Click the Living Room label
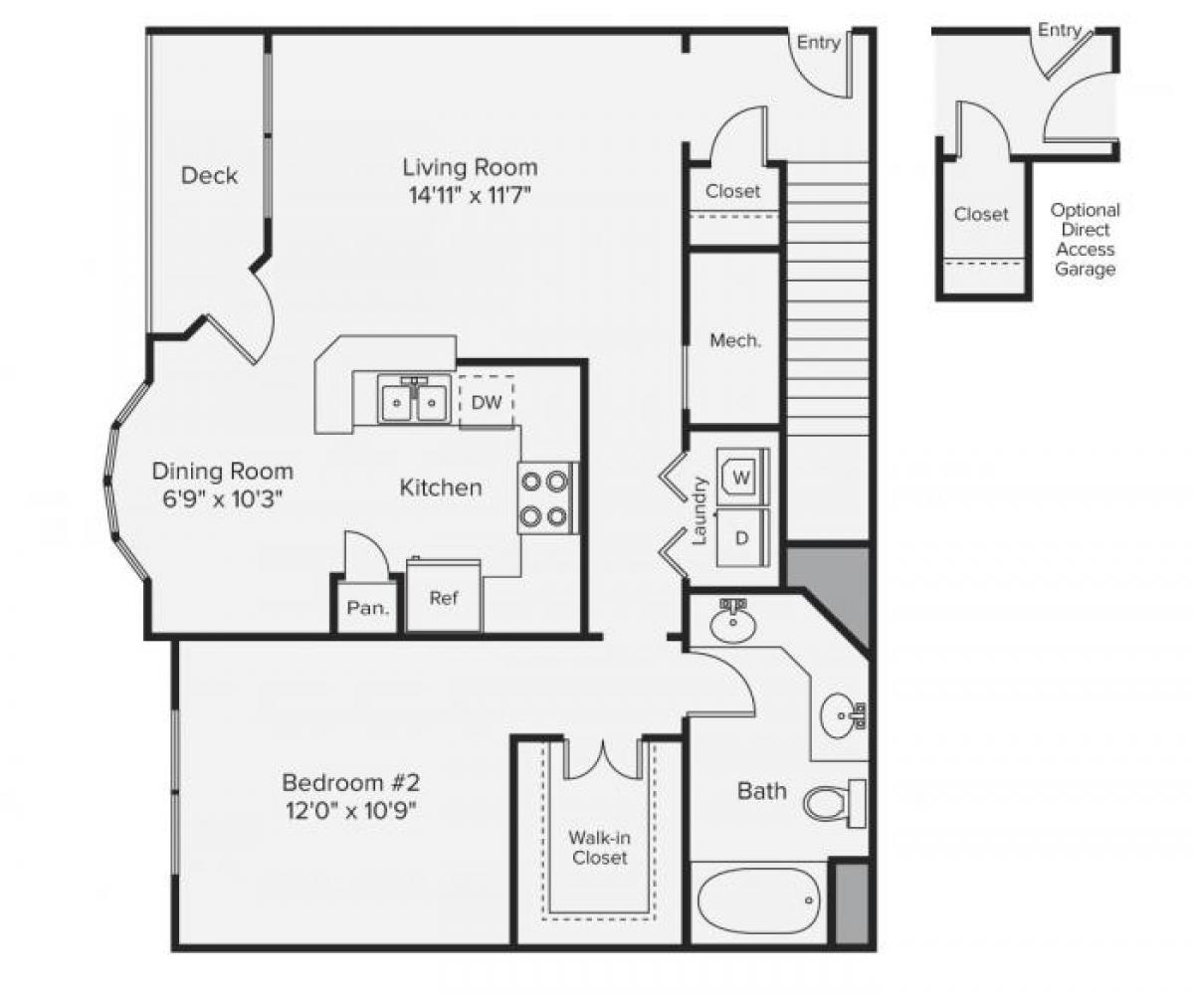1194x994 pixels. pos(470,166)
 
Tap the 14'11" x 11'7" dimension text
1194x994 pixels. pos(469,194)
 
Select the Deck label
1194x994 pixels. pos(209,176)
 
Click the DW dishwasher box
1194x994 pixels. pos(486,402)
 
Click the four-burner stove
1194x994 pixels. pos(546,498)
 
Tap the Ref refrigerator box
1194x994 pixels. pos(443,598)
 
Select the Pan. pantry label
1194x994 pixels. pos(367,608)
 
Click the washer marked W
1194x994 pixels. pos(741,477)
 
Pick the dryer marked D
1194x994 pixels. pos(741,537)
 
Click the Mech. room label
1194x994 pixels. pos(735,340)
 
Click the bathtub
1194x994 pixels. pos(759,901)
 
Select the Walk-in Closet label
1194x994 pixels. pos(599,847)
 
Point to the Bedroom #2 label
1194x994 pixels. pos(344,781)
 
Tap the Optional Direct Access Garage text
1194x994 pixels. pos(1085,239)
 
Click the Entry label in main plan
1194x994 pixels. pos(819,43)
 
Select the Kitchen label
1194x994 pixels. pos(441,488)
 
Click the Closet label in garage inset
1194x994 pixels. pos(981,214)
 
